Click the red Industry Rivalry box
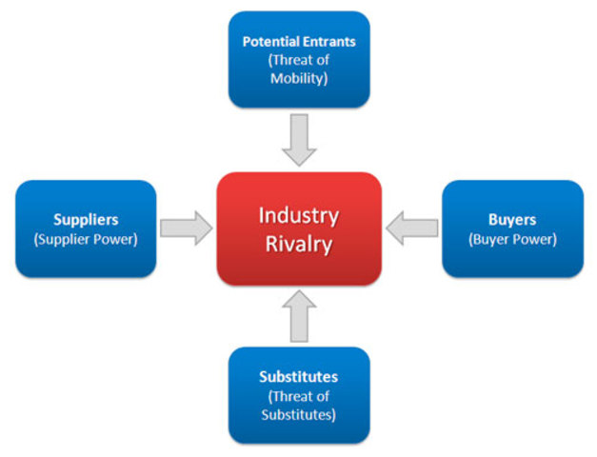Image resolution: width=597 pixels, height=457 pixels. coord(299,228)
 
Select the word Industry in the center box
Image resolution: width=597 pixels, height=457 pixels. coord(299,215)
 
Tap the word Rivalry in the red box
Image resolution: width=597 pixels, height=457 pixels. coord(299,245)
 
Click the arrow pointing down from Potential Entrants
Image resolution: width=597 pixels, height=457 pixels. coord(299,137)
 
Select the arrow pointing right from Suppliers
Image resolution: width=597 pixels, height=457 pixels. coord(186,228)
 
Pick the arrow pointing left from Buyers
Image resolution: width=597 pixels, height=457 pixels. coord(412,228)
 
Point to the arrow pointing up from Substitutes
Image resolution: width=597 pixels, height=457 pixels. coord(299,317)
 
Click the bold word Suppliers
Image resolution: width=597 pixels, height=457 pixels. coord(86,220)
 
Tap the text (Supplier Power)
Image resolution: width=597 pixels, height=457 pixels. coord(86,239)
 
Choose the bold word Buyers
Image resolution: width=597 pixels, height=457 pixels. coord(512,220)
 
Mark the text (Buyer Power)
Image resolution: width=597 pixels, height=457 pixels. coord(512,239)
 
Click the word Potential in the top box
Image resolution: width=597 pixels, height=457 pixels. coord(270,42)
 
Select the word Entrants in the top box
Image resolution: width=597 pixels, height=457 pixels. coord(328,42)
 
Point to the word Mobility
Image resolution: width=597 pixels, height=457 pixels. coord(299,78)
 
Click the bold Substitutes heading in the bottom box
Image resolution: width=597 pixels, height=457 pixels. coord(299,377)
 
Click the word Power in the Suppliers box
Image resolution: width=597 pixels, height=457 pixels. coord(115,239)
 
